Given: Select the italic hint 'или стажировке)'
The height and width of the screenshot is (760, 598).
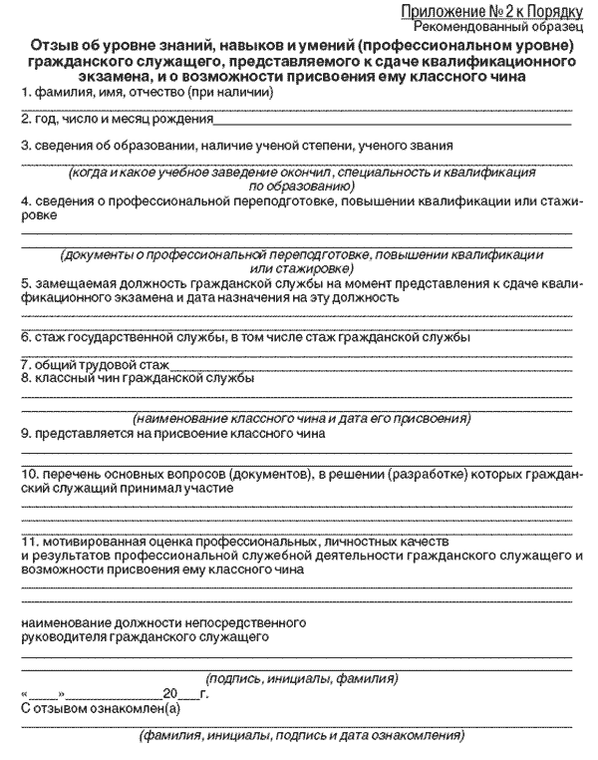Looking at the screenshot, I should point(298,268).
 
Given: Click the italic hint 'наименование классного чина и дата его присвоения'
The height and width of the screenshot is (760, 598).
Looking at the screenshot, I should point(302,419).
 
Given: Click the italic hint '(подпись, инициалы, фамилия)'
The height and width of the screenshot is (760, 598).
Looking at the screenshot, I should point(302,679).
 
